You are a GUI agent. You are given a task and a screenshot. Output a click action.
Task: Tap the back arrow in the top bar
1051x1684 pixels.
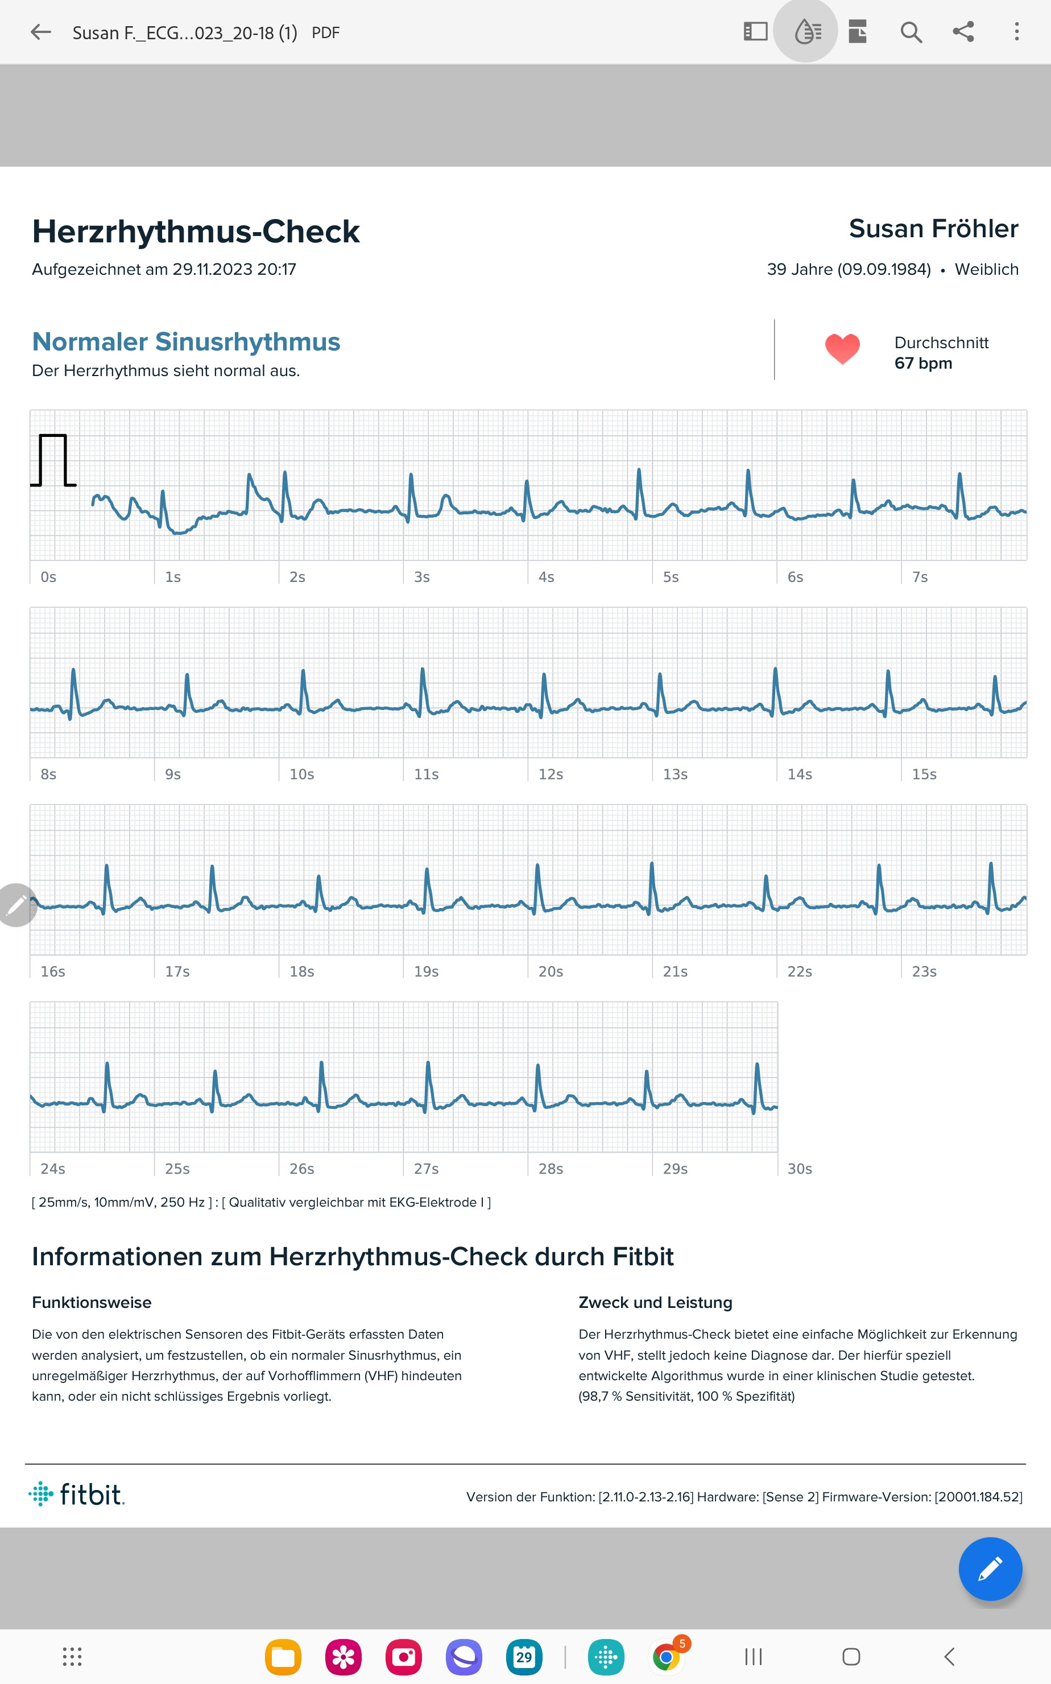coord(41,32)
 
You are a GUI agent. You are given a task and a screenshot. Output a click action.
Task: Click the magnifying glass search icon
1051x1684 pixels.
coord(911,32)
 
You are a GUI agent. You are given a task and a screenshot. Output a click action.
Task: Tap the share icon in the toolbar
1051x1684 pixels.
coord(963,32)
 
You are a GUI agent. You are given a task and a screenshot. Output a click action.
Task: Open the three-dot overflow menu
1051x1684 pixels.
coord(1016,32)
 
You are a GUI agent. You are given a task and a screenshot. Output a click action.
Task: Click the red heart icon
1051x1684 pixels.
coord(842,349)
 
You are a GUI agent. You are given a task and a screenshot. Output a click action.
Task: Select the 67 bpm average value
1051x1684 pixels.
coord(922,363)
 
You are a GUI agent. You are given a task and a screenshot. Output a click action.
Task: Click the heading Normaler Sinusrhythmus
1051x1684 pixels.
coord(187,341)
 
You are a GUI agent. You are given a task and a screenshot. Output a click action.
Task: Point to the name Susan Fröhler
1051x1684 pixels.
coord(933,229)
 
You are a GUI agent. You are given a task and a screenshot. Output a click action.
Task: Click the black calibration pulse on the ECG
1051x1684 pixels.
coord(53,460)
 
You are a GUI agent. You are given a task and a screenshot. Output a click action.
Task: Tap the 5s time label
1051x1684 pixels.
coord(670,577)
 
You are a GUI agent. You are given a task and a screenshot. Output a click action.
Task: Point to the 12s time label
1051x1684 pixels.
coord(551,774)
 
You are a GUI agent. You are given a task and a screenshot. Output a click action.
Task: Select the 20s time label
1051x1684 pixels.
coord(551,971)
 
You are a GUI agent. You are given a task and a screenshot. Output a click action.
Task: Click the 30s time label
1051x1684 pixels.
coord(800,1169)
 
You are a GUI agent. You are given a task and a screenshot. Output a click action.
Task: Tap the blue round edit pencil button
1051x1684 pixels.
coord(989,1569)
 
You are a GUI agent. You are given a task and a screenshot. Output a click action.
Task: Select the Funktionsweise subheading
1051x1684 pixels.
coord(92,1302)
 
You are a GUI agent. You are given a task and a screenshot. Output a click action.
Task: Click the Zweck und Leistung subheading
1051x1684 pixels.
coord(655,1302)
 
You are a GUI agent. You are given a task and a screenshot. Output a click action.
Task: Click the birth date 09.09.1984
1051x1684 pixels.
coord(883,269)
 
